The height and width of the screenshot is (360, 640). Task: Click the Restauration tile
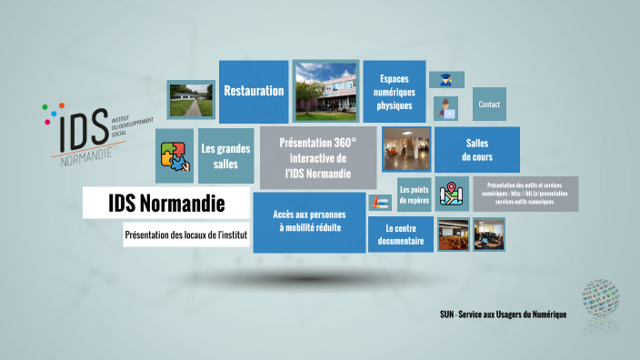(x=254, y=91)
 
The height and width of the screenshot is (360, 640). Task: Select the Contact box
(x=489, y=105)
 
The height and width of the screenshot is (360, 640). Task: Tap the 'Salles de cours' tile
(x=477, y=150)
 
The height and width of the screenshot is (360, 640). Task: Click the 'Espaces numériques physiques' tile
(x=395, y=92)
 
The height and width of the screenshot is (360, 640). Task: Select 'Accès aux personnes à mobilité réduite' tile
(x=307, y=222)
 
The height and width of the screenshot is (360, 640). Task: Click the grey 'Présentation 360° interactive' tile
(x=318, y=157)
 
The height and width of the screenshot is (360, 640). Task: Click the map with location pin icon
(x=452, y=194)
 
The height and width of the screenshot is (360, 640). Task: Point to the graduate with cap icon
(x=446, y=80)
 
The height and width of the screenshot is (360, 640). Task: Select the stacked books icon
(x=379, y=202)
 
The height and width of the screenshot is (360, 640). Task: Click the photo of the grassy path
(x=190, y=98)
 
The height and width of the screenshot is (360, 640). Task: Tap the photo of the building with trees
(x=326, y=91)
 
